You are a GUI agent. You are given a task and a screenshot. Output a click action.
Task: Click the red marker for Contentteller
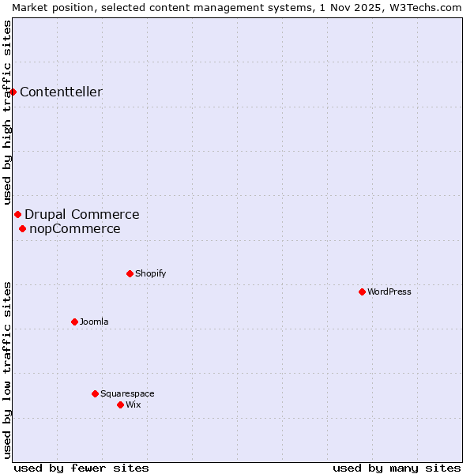pos(13,92)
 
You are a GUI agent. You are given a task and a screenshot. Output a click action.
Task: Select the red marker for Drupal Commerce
pos(17,214)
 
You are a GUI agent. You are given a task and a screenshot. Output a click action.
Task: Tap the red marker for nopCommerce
pos(22,229)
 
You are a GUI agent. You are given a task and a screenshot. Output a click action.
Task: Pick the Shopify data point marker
pos(130,273)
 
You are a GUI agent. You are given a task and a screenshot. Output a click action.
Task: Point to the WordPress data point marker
pos(362,292)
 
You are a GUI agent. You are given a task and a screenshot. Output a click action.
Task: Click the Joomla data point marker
pos(74,322)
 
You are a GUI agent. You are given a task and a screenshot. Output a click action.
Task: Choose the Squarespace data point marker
pos(95,393)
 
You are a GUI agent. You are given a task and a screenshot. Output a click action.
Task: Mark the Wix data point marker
pos(120,404)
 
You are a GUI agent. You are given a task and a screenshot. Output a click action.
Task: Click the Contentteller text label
pos(61,92)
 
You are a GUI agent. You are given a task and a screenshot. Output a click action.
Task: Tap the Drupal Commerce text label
pos(81,214)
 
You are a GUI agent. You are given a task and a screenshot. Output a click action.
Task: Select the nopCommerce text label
pos(74,229)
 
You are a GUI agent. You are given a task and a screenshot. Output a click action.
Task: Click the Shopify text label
pos(150,273)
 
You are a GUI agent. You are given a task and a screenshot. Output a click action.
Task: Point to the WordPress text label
pos(389,292)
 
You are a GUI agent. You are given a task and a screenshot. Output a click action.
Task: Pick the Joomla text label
pos(94,322)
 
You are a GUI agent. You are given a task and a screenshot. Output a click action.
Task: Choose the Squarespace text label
pos(127,393)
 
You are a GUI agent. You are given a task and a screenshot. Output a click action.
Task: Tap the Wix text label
pos(133,404)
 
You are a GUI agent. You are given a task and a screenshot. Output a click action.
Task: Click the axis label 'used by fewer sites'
pos(81,468)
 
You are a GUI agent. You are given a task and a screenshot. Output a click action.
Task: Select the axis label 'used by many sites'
pos(397,468)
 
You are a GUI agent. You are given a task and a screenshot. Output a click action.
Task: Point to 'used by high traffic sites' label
pos(7,113)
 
